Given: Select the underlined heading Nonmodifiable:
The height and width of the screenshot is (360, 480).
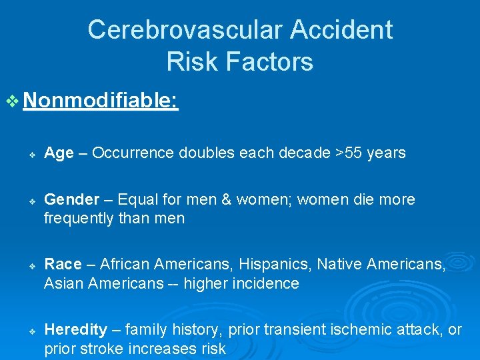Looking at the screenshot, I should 101,101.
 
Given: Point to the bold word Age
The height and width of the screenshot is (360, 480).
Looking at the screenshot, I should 59,153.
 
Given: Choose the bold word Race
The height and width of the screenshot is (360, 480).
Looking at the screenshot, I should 62,265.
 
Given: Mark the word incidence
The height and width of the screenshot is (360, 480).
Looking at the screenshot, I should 265,284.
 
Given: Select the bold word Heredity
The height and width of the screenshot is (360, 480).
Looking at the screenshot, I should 75,330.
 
